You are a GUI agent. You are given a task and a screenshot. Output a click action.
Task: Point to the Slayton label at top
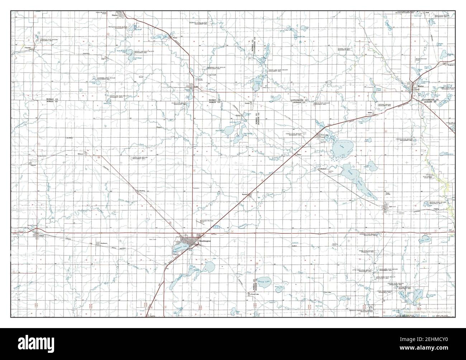click(x=115, y=15)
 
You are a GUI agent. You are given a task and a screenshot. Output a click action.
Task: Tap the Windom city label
click(x=420, y=86)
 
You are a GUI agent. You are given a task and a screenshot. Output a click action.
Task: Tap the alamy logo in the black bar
click(x=233, y=344)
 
